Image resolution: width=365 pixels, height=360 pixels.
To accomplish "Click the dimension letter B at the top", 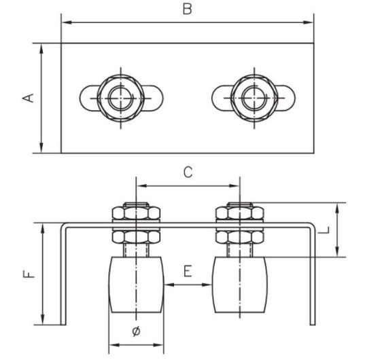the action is (x=188, y=10).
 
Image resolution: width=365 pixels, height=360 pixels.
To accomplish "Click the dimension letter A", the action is (x=28, y=98).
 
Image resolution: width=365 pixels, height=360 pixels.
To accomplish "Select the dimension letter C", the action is (x=188, y=173).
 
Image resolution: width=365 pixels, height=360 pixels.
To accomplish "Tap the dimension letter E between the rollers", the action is (x=188, y=271).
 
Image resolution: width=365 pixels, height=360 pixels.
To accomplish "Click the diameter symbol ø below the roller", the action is (x=137, y=331).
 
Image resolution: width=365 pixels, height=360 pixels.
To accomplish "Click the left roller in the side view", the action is (x=136, y=285).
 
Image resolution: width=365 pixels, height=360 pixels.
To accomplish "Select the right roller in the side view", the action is (x=240, y=285).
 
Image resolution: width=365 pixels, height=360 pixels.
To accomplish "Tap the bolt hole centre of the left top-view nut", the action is (x=120, y=98).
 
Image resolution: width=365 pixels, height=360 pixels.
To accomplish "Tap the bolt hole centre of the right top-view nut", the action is (x=254, y=98).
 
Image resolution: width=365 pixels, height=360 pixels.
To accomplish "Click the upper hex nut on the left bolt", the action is (x=136, y=213).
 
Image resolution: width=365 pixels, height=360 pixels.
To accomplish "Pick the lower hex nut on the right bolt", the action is (x=240, y=237).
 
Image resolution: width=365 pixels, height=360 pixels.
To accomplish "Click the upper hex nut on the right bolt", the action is (x=240, y=213).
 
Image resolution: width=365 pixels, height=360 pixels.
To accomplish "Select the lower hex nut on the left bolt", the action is (x=136, y=237).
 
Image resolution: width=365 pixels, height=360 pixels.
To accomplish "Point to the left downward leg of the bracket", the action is (x=63, y=274).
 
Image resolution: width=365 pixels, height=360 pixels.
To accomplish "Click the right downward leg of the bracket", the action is (x=313, y=274).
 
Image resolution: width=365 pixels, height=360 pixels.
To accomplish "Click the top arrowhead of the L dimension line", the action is (x=337, y=207).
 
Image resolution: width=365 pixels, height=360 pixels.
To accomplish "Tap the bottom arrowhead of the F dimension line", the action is (x=42, y=320).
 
